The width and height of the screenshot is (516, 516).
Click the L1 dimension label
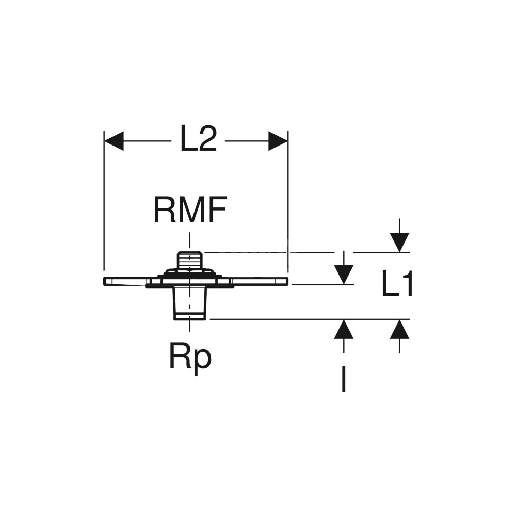[x=397, y=284]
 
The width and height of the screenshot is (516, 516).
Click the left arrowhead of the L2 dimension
[x=114, y=140]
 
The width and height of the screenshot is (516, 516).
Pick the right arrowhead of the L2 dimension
[x=278, y=140]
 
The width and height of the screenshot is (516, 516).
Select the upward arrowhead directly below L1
[x=399, y=329]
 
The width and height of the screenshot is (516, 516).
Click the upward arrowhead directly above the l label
[x=344, y=329]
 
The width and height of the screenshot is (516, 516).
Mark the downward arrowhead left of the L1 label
[x=344, y=273]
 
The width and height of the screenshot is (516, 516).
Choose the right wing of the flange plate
[x=258, y=281]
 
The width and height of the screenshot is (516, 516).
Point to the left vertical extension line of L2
[x=104, y=206]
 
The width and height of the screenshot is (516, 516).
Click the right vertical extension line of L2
[x=287, y=206]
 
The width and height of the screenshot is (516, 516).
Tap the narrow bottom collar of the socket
[x=190, y=314]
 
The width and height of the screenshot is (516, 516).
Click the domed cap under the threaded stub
[x=190, y=272]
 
